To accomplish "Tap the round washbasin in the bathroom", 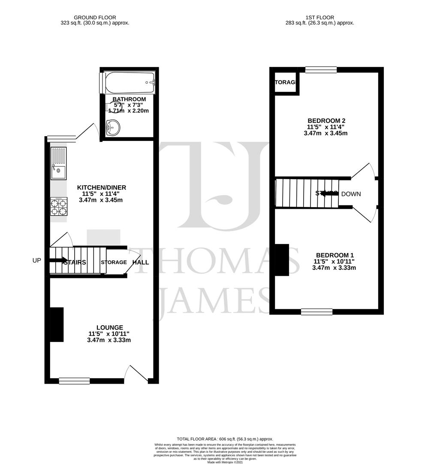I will (114, 127).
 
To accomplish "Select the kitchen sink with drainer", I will (58, 163).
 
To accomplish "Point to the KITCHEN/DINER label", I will (102, 187).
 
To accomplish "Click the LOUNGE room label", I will (109, 327).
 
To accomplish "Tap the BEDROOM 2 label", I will (326, 120).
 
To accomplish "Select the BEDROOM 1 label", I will (335, 255).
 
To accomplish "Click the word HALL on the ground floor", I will (141, 262).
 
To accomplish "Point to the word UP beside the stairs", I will (37, 260).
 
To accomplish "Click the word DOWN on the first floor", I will (351, 194).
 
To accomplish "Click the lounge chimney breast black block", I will (57, 324).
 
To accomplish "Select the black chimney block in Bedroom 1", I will (282, 259).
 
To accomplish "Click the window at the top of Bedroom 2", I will (321, 69).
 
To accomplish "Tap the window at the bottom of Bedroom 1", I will (316, 311).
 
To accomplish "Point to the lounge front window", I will (74, 380).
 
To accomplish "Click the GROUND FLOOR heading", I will (95, 18).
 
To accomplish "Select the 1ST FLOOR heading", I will (319, 18).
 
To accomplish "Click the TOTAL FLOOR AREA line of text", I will (222, 439).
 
